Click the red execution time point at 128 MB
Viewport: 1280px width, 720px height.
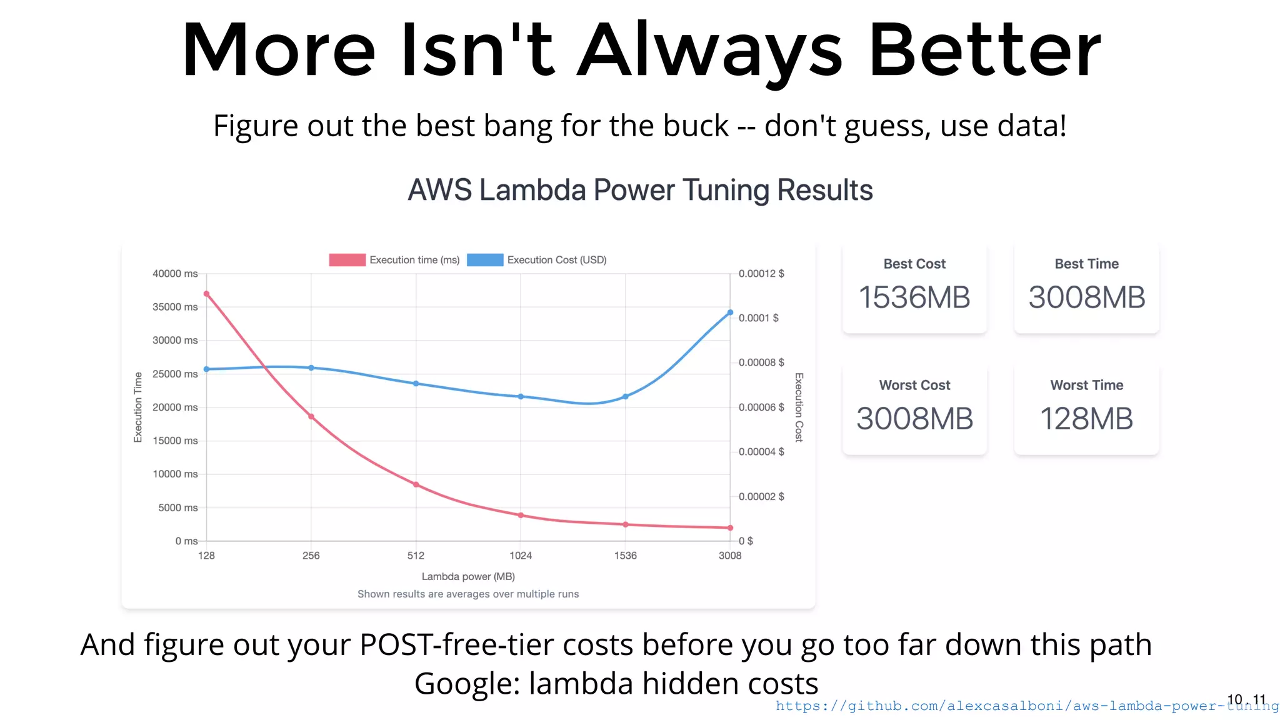pos(206,294)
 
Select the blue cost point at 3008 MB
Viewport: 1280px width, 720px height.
pos(730,312)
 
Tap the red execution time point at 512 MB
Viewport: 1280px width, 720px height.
pos(416,484)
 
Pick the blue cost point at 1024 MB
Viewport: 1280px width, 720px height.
pos(521,396)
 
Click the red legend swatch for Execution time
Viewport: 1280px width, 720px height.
pos(347,260)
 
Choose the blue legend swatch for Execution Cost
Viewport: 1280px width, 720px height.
pos(485,260)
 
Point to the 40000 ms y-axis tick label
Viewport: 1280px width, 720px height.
pos(175,274)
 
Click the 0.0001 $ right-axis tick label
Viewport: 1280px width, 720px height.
pos(758,318)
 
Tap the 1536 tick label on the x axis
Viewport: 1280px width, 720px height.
pos(625,556)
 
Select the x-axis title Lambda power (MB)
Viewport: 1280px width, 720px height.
pos(468,576)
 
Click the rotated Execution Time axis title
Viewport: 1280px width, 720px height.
pos(138,407)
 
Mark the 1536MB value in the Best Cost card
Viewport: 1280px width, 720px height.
pos(914,297)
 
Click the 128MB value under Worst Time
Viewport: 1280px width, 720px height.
pos(1086,419)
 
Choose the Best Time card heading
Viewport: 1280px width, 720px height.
pos(1086,264)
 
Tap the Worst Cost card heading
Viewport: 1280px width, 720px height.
pos(914,385)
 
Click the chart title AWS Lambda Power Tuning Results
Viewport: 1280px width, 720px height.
pos(640,190)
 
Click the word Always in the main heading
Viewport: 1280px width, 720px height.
pos(709,51)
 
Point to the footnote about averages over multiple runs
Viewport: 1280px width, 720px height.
pos(468,594)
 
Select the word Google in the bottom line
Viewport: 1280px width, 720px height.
pos(462,684)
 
